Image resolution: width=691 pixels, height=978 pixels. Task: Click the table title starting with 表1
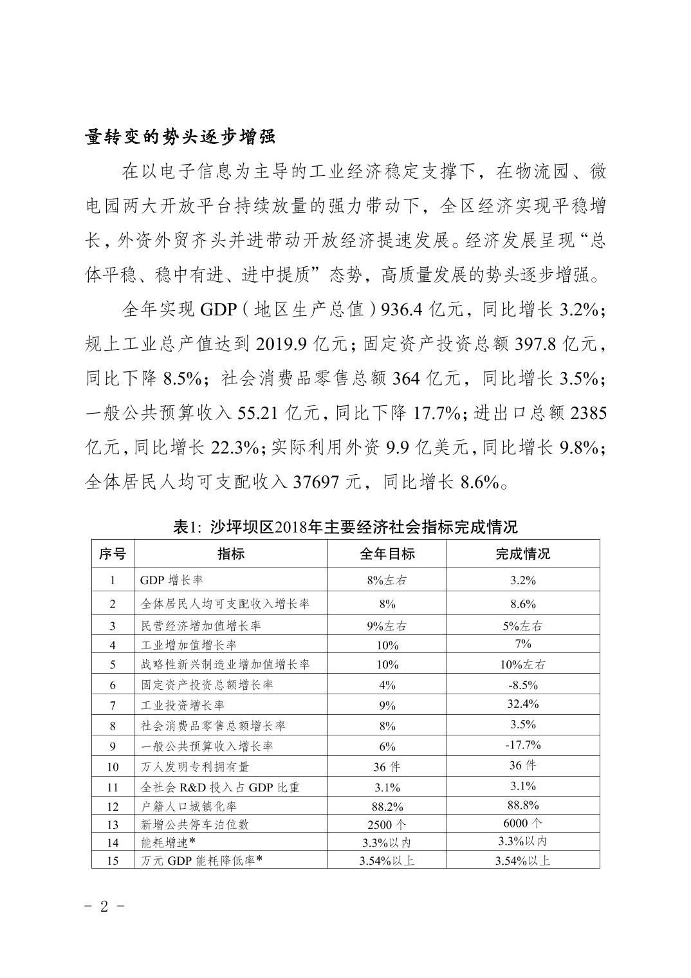tap(345, 527)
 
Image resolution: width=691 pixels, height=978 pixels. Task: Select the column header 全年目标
tap(387, 554)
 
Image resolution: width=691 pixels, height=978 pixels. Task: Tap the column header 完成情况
tap(522, 554)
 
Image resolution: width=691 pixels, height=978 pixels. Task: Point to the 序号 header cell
tap(113, 554)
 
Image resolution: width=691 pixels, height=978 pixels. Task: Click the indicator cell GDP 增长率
tap(171, 580)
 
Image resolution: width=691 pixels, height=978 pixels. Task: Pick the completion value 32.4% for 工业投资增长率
tap(522, 704)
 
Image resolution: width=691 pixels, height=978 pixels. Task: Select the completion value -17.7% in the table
tap(522, 745)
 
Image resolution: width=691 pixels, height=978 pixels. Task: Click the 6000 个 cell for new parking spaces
tap(522, 824)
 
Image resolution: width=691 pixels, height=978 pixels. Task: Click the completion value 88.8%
tap(522, 805)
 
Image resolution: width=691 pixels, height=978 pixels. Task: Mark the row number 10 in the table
tap(113, 767)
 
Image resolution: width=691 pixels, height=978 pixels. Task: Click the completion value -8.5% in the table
tap(522, 685)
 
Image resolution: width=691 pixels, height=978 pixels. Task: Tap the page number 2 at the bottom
tap(104, 907)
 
